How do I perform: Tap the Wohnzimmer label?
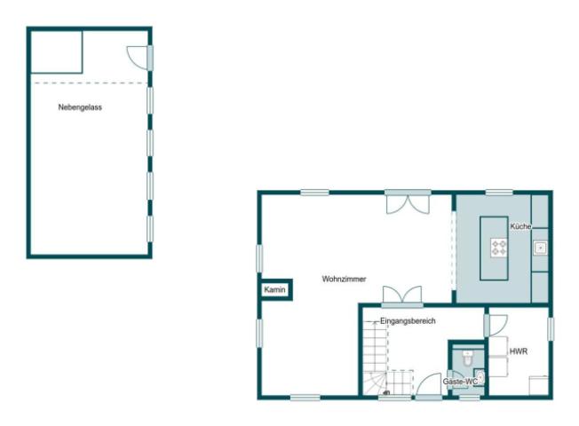(x=344, y=279)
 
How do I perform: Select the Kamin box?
(x=274, y=290)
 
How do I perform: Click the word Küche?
(x=520, y=227)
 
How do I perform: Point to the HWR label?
(x=519, y=351)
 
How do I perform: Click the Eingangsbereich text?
(x=408, y=320)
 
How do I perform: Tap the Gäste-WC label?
(x=460, y=381)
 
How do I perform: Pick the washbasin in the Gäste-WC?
(x=480, y=376)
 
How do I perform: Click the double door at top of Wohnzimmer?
(x=408, y=202)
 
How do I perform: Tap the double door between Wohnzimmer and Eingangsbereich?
(x=401, y=295)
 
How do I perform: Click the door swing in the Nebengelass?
(x=139, y=57)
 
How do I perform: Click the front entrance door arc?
(x=430, y=385)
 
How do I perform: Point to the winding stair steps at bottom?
(x=378, y=383)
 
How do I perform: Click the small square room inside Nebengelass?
(x=57, y=52)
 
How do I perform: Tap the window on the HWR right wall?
(x=551, y=328)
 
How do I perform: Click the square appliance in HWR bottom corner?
(x=539, y=385)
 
